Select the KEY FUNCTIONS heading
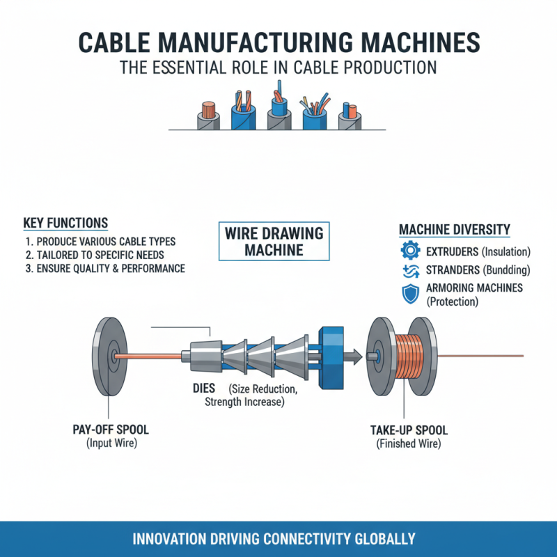tap(65, 223)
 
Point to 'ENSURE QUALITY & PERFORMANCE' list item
tap(104, 268)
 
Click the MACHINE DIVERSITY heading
tap(455, 229)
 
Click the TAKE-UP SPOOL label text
tap(407, 430)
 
